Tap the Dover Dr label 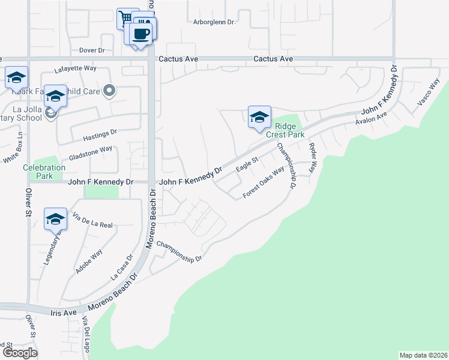click(x=92, y=50)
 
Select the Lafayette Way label click(x=75, y=68)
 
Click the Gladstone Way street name click(x=90, y=152)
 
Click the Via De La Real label click(x=92, y=224)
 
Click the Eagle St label click(x=246, y=163)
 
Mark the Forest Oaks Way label click(x=263, y=184)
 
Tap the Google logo click(x=19, y=353)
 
